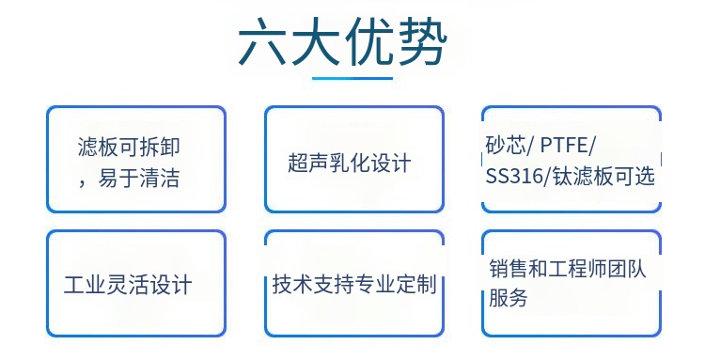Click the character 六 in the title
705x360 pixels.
coord(264,41)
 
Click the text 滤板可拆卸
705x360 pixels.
coord(139,148)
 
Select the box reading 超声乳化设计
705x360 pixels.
coord(353,159)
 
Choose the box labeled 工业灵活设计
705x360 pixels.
coord(136,284)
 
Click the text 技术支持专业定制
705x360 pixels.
coord(353,284)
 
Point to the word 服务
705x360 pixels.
coord(509,299)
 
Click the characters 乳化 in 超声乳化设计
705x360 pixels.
coord(349,163)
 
